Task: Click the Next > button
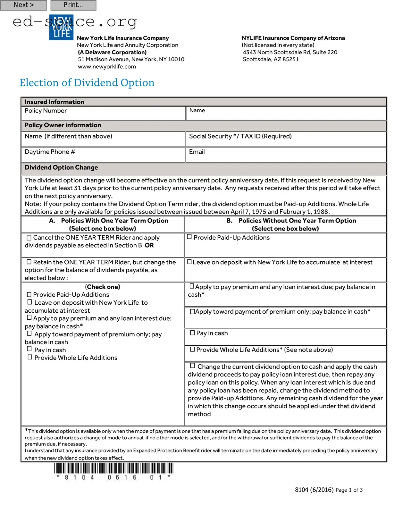pos(23,5)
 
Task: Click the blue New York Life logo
pos(61,28)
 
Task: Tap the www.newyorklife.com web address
pos(107,67)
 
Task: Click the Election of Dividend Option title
pos(87,83)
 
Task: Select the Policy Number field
pos(103,113)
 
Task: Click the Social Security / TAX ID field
pos(286,139)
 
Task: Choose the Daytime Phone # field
pos(103,155)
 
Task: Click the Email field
pos(286,155)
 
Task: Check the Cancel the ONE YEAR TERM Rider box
pos(29,238)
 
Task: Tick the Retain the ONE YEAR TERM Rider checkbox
pos(29,262)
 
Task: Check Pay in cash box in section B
pos(192,333)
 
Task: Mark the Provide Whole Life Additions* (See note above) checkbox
pos(192,350)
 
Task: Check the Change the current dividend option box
pos(192,366)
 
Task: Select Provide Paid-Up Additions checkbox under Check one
pos(29,294)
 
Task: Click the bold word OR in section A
pos(149,245)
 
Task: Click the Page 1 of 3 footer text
pos(349,490)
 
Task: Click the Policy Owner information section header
pos(63,125)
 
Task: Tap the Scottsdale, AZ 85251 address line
pos(271,59)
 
